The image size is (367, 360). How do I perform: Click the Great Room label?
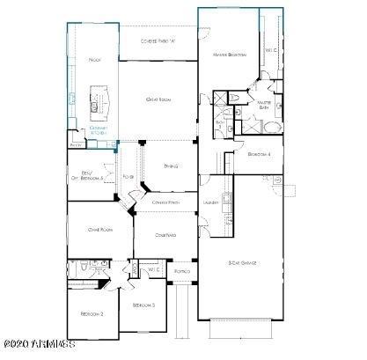tap(158, 99)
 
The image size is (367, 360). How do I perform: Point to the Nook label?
tap(94, 60)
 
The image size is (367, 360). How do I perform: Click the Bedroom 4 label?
tap(260, 154)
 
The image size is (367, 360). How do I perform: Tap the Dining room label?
tap(172, 165)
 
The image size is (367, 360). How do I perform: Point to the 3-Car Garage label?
tap(242, 261)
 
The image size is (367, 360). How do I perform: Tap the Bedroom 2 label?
tap(92, 314)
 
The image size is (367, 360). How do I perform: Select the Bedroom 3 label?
tap(143, 305)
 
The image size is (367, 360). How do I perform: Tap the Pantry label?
tap(77, 144)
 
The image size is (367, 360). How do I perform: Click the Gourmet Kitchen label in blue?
tap(99, 132)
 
